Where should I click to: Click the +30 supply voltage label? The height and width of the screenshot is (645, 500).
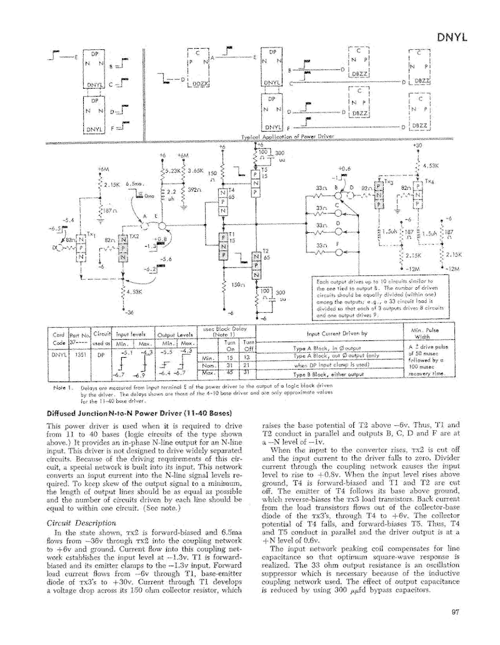click(x=417, y=145)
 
